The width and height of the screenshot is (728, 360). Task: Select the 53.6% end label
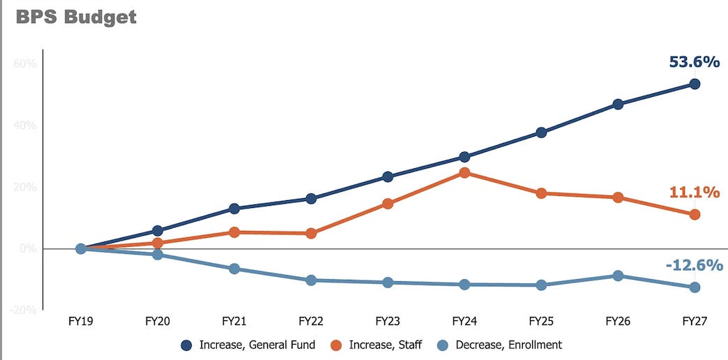[694, 62]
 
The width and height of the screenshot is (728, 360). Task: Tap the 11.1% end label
[695, 192]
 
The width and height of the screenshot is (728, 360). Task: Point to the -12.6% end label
[694, 265]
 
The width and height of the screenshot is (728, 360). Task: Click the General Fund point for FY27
[695, 84]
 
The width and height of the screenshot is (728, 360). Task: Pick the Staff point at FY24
[464, 172]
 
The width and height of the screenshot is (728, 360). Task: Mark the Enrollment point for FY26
[618, 276]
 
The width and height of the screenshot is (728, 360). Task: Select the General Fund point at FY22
[311, 199]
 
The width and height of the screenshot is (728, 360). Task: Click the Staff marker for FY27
[695, 215]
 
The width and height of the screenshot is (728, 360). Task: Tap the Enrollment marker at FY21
[234, 269]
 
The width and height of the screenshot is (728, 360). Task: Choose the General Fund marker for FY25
[541, 133]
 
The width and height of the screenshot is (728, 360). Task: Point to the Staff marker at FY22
[311, 233]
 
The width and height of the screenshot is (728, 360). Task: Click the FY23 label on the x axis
[388, 322]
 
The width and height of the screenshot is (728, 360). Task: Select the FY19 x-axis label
[81, 322]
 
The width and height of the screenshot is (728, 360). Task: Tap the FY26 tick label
[618, 322]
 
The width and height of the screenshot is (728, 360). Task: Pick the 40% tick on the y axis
[25, 126]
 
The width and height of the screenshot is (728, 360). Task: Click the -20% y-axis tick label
[24, 310]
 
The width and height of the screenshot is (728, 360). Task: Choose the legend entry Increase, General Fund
[248, 345]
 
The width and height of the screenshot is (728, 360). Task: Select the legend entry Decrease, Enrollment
[500, 345]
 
